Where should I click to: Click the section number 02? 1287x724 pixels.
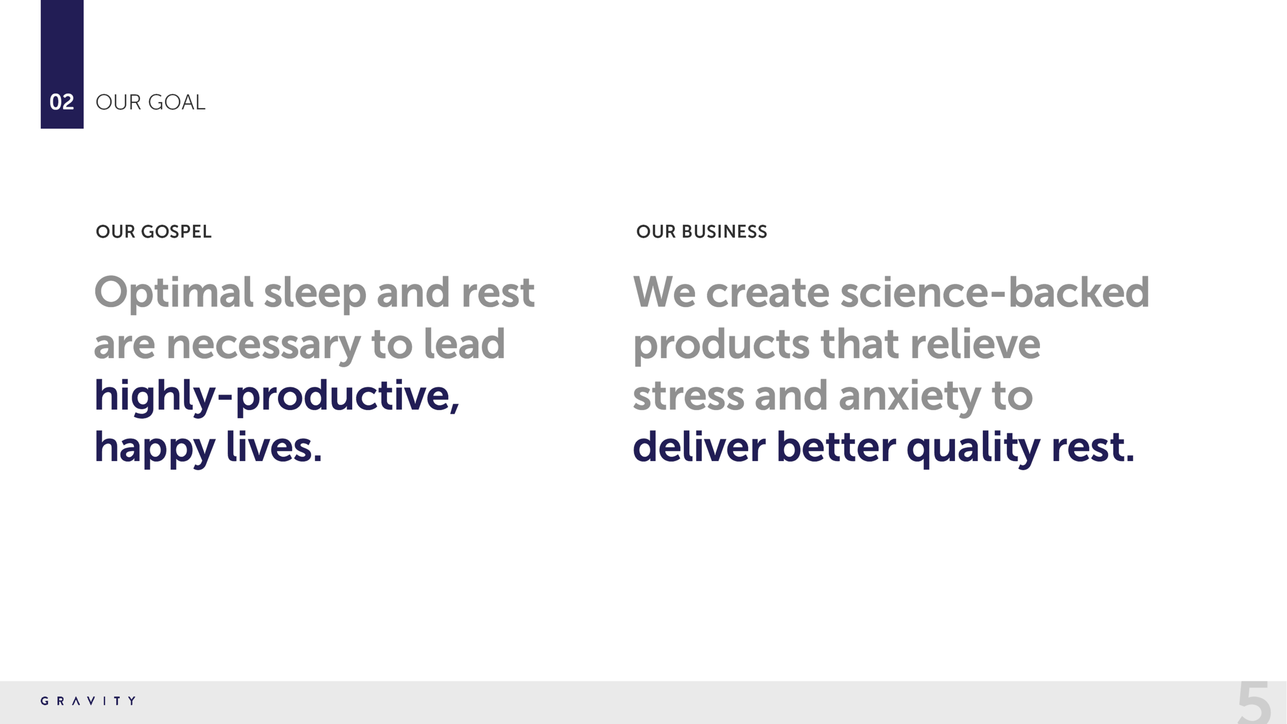(x=62, y=102)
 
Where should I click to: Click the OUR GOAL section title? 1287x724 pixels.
(x=150, y=102)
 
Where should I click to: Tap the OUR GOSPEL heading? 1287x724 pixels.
(x=153, y=232)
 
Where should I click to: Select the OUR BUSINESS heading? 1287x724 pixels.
(x=701, y=232)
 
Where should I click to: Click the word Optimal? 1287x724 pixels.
(x=173, y=293)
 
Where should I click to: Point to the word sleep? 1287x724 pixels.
(x=315, y=293)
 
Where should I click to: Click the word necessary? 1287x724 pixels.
(x=263, y=344)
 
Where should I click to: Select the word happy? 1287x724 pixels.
(x=154, y=448)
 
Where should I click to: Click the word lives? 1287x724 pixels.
(x=273, y=447)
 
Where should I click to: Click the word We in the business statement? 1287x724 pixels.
(x=664, y=292)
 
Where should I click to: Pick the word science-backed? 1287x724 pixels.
(x=995, y=292)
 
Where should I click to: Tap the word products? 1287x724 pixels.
(x=721, y=345)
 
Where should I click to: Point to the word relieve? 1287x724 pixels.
(x=975, y=344)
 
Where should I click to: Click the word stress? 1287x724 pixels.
(x=688, y=396)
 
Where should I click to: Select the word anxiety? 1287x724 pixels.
(x=909, y=396)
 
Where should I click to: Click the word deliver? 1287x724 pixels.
(x=699, y=447)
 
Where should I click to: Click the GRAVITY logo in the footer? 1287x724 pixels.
(x=89, y=701)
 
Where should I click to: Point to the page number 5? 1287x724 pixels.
(x=1254, y=703)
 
